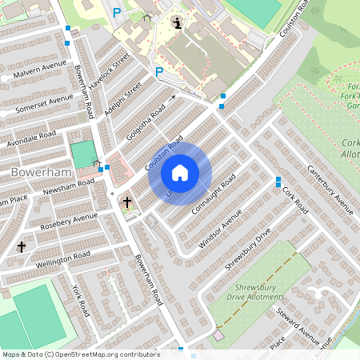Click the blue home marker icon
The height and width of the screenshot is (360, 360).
click(180, 173)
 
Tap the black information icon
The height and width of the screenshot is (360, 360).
click(177, 22)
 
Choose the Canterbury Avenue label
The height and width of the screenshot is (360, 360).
click(331, 193)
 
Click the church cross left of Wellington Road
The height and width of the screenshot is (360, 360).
click(22, 247)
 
